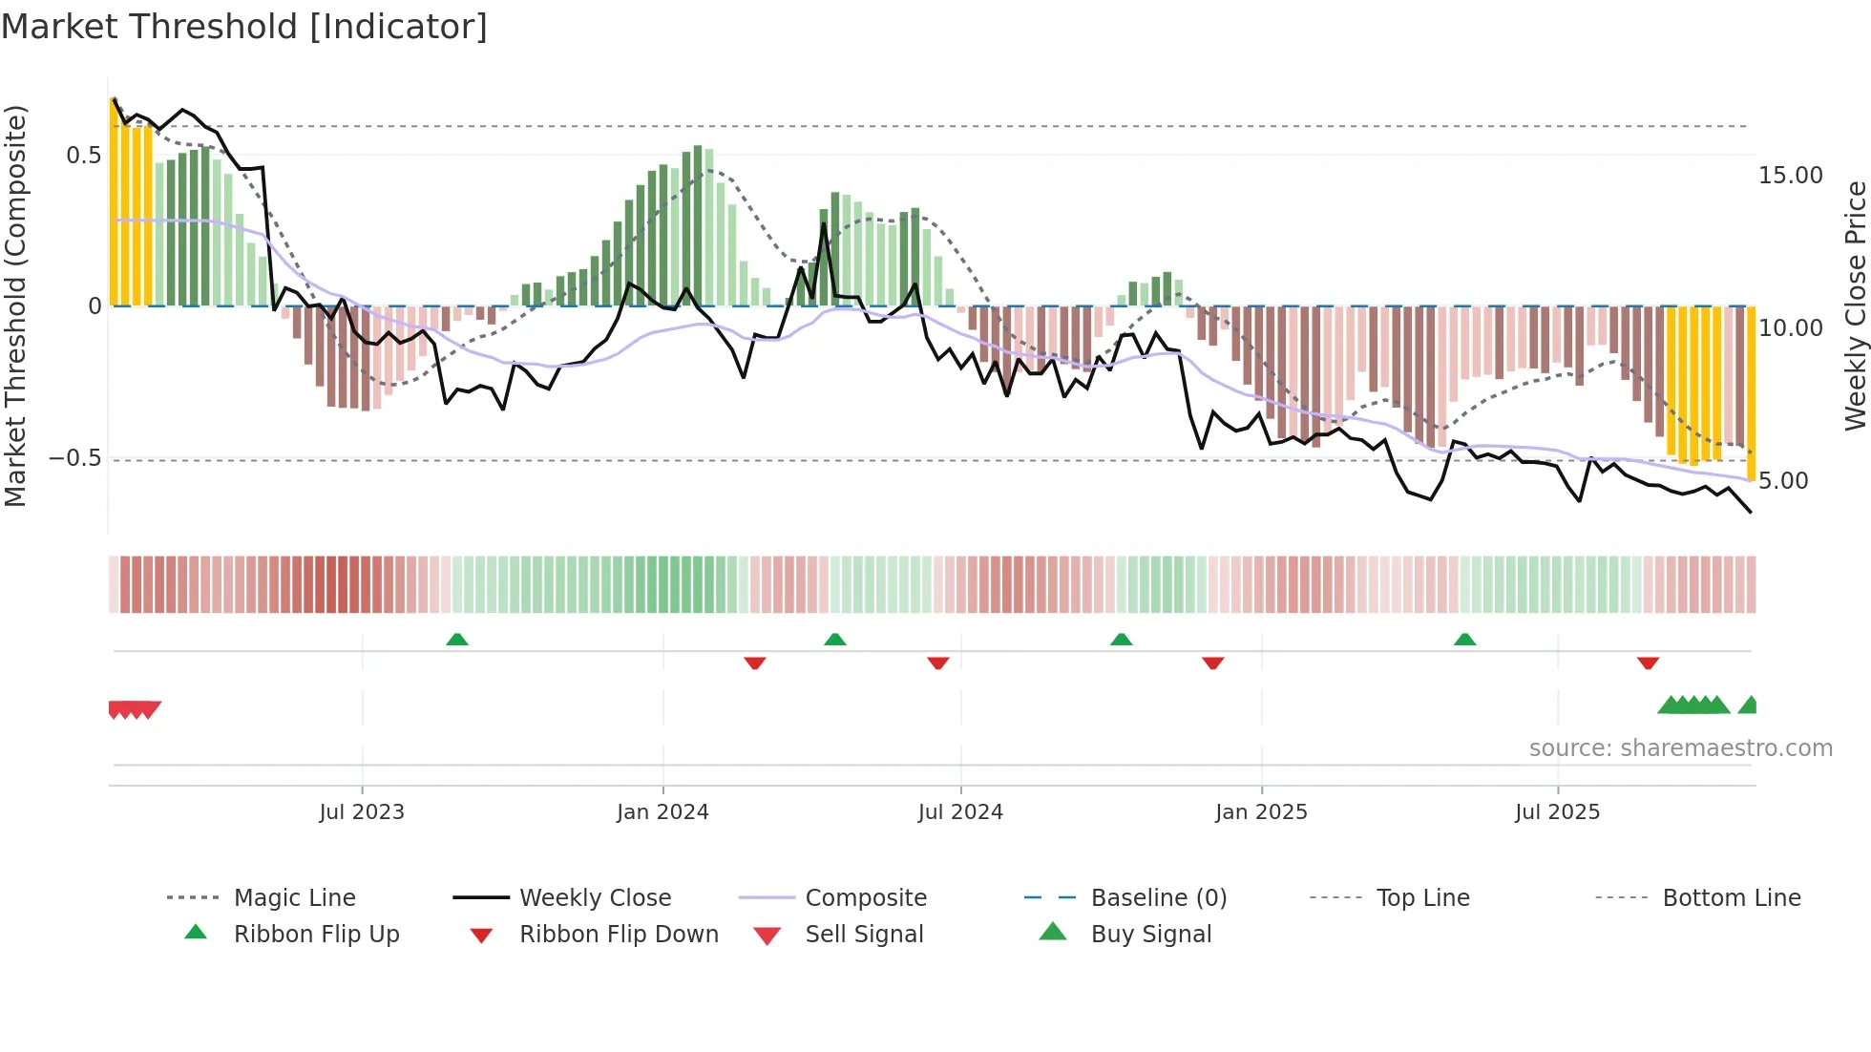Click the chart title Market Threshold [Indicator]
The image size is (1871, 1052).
[x=244, y=27]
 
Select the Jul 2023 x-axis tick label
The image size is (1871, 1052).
[x=362, y=812]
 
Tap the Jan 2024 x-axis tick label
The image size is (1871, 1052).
[x=662, y=812]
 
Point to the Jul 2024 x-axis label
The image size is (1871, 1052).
[x=960, y=812]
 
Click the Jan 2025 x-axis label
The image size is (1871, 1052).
[x=1261, y=812]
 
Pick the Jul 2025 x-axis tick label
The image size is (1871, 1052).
[x=1557, y=812]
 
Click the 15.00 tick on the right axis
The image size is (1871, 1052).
[x=1790, y=176]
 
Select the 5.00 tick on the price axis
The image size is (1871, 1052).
[x=1783, y=481]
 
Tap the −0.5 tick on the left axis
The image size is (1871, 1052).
[x=75, y=458]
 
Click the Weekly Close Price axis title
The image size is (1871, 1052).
[x=1855, y=305]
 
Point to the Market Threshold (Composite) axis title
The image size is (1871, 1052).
[x=15, y=305]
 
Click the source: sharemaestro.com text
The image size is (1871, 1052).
[x=1680, y=748]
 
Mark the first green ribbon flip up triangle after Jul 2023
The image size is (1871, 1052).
[x=457, y=640]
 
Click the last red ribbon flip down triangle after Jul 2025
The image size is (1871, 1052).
[x=1648, y=663]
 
